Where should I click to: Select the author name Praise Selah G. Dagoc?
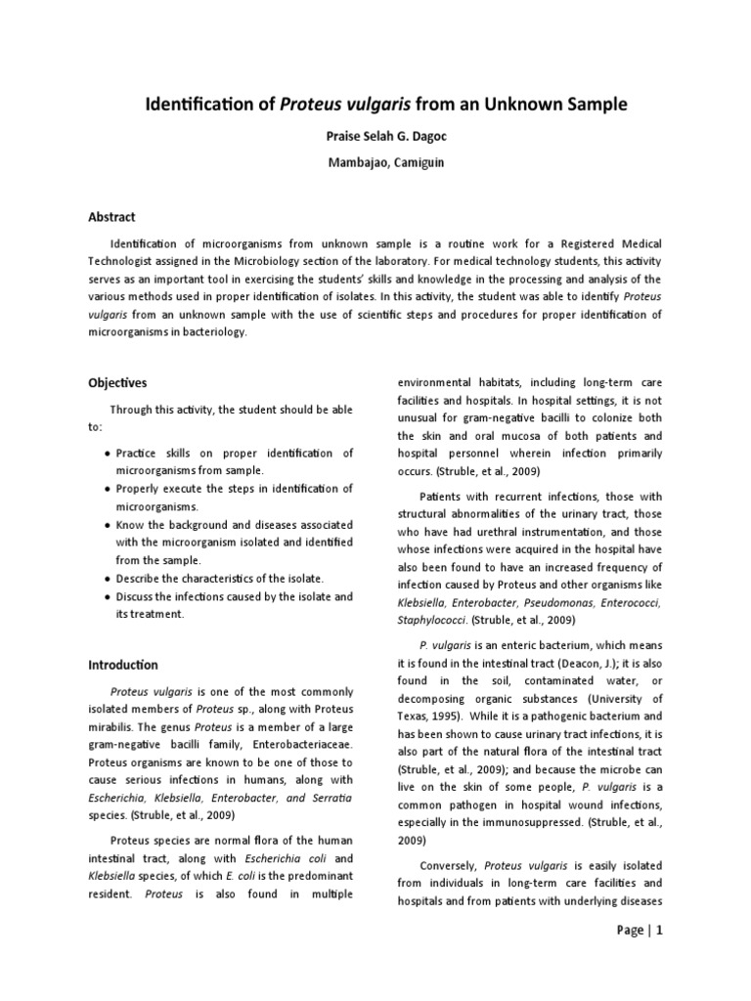pyautogui.click(x=375, y=139)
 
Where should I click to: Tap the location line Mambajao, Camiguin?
pyautogui.click(x=375, y=162)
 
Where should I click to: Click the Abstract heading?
pyautogui.click(x=112, y=216)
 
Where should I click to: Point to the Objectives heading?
pyautogui.click(x=118, y=383)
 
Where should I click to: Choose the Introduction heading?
pyautogui.click(x=123, y=665)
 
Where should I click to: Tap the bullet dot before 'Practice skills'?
pyautogui.click(x=106, y=454)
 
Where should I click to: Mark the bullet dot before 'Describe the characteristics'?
pyautogui.click(x=106, y=579)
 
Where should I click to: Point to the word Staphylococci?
pyautogui.click(x=431, y=620)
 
